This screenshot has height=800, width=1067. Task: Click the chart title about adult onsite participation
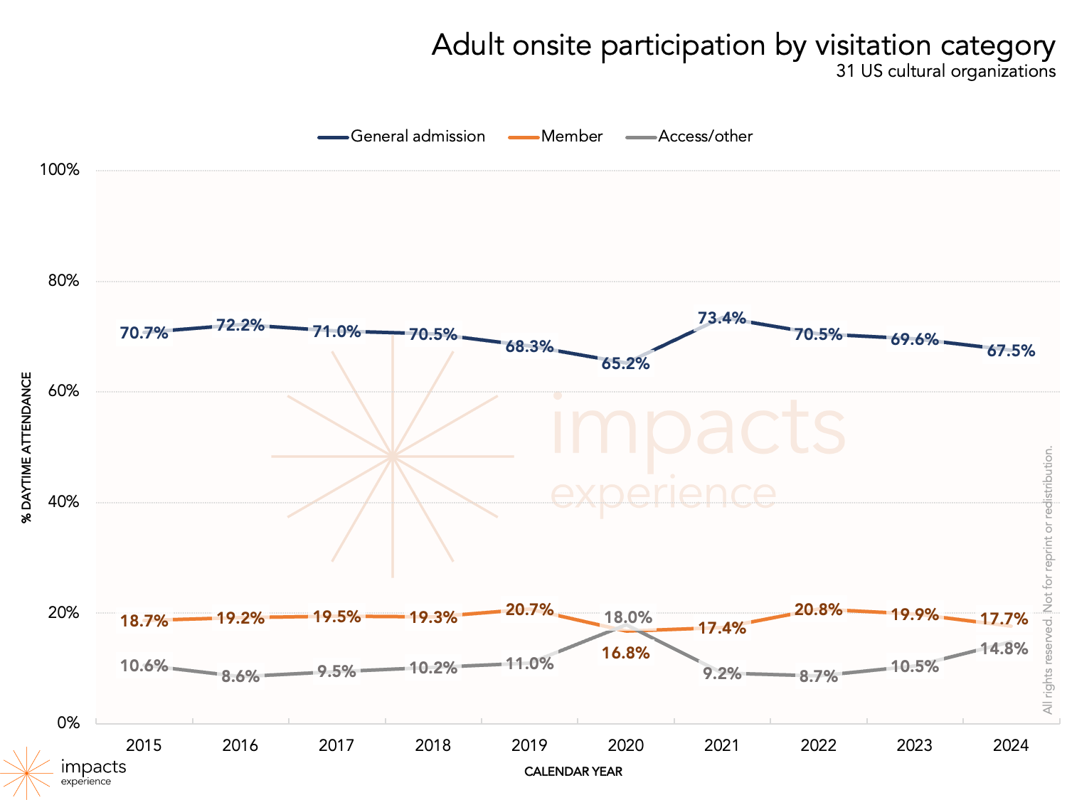point(743,46)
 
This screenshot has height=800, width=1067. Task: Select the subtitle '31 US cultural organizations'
point(945,71)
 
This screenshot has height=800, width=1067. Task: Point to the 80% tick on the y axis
point(63,281)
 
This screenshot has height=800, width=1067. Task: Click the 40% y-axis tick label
point(63,502)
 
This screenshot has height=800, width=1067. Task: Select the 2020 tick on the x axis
point(625,745)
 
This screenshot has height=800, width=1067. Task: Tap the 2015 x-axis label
point(144,745)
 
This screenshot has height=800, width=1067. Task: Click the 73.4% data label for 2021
point(721,318)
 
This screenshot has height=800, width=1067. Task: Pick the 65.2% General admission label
point(625,363)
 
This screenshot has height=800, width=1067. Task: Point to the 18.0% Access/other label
point(628,617)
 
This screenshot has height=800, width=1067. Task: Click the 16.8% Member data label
point(625,653)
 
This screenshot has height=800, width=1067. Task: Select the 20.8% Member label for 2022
point(818,609)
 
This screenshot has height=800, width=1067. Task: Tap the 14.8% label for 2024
point(1004,649)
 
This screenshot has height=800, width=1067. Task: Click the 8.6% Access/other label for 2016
point(240,676)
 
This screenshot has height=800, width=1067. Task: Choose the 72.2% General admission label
point(240,325)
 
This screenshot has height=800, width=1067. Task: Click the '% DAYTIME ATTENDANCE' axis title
point(27,447)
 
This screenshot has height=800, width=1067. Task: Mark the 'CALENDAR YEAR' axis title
point(573,772)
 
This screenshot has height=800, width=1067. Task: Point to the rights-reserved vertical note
point(1047,580)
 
